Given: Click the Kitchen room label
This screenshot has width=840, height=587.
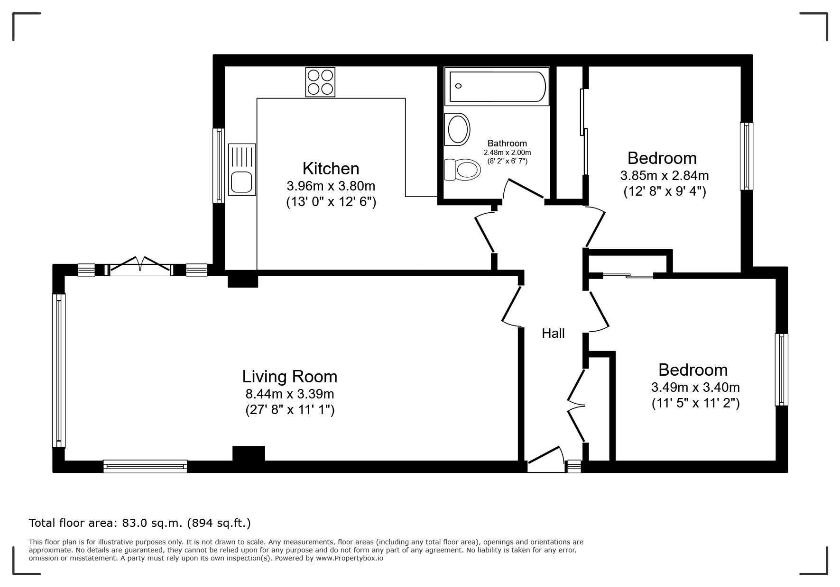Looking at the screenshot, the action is point(331,169).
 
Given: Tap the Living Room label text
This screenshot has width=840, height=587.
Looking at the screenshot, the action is point(290,377).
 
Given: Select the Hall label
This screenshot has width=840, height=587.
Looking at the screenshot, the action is point(553,334).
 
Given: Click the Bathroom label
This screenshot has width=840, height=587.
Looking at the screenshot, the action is point(507,143).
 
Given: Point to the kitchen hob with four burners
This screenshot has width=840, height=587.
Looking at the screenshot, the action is point(320,82).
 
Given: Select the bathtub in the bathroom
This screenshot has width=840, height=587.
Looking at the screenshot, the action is point(497,86).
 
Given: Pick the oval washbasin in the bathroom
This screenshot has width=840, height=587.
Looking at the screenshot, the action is point(458,129).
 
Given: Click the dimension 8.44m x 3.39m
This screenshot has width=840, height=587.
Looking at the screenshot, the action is point(290,394).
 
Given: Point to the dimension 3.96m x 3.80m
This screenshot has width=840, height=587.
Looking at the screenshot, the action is point(331,186).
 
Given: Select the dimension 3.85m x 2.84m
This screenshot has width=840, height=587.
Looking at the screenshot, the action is point(665,176).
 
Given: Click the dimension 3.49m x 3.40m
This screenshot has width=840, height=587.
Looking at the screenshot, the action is point(695,388).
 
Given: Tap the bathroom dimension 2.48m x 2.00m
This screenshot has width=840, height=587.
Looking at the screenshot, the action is point(507,153).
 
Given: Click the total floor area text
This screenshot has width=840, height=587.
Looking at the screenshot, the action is point(140,523).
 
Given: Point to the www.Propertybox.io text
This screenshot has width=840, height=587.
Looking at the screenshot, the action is point(350,558).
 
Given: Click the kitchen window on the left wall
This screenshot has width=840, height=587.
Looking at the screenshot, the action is point(218,165).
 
